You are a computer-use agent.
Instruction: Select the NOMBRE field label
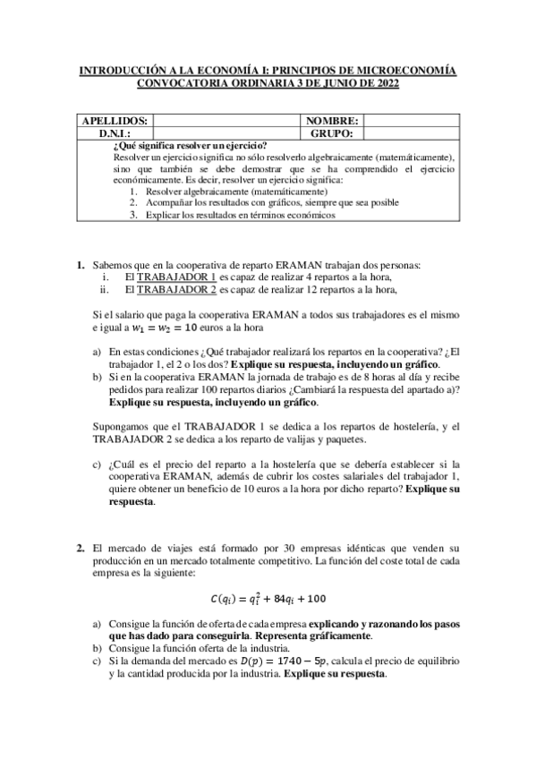pos(331,121)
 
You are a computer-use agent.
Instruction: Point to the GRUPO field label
pos(331,133)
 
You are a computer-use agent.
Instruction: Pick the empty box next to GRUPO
pos(408,133)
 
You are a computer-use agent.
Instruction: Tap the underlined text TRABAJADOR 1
pos(175,278)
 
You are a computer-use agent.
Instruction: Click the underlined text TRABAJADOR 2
pos(175,290)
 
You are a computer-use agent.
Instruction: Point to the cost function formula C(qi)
pos(268,598)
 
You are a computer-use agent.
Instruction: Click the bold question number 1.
pos(80,266)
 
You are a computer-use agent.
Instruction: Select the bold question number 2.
pos(80,547)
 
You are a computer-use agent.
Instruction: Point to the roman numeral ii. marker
pos(105,290)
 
